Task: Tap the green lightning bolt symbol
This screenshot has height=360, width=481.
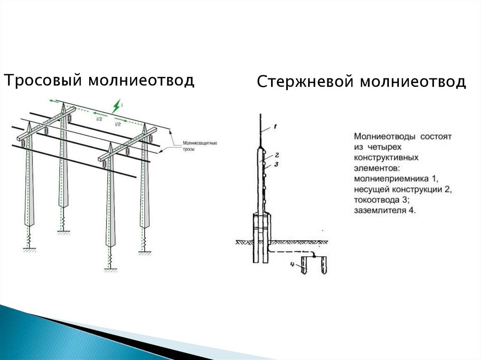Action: (x=116, y=107)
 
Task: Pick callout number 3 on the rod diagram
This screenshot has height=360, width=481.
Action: (x=277, y=164)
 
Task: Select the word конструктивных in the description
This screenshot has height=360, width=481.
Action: (x=386, y=158)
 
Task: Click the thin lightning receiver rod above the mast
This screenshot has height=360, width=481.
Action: (x=260, y=129)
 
